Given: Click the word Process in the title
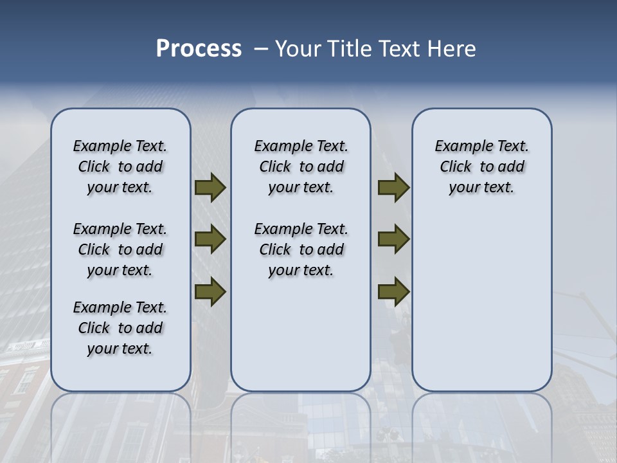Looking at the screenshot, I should point(199,49).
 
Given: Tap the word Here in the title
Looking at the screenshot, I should point(452,49).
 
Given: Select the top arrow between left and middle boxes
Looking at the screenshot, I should point(210,188).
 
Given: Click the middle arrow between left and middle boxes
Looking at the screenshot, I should point(210,239).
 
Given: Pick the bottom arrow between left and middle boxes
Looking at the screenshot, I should point(210,291).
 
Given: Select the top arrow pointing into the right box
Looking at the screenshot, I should point(393,188).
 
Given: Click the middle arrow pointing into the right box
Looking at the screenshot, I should point(393,239).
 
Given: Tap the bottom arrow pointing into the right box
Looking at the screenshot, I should point(393,291).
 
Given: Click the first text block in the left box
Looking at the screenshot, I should point(120,167).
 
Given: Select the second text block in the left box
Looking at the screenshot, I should point(120,250).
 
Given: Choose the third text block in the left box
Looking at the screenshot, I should point(120,328).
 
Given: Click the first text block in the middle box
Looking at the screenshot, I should point(301,167).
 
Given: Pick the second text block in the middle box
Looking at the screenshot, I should point(301,250).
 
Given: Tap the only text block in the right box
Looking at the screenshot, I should point(481,167).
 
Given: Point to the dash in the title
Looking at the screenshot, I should point(261,49).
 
